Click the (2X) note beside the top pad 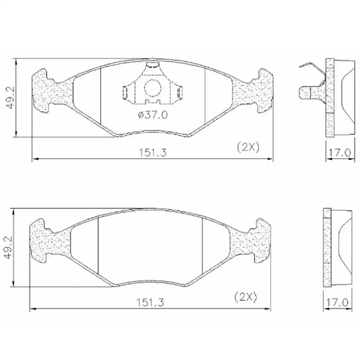pyautogui.click(x=248, y=147)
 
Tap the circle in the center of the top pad pyautogui.click(x=152, y=88)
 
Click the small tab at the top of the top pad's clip pyautogui.click(x=153, y=65)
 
